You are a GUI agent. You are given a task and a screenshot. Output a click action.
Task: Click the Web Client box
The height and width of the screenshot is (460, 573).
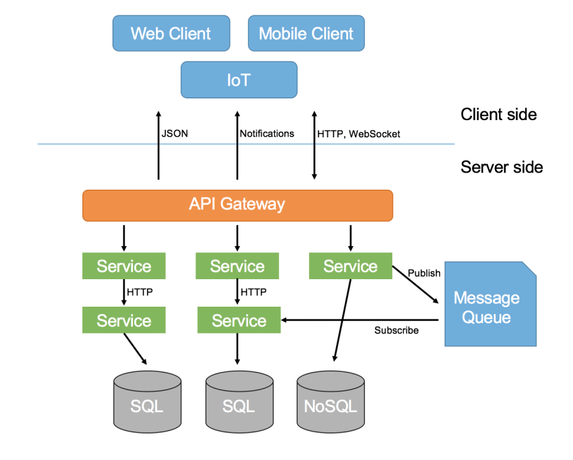click(x=171, y=33)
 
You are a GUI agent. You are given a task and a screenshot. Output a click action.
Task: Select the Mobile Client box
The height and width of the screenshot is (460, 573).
click(x=306, y=33)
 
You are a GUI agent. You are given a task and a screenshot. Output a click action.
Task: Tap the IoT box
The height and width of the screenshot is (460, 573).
click(x=239, y=80)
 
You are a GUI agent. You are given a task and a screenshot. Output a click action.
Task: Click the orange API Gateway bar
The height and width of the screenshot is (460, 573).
click(x=237, y=204)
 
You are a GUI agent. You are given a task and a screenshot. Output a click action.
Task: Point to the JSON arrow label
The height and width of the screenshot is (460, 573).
click(x=175, y=134)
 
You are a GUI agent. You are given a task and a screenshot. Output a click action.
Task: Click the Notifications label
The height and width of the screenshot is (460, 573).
click(x=267, y=134)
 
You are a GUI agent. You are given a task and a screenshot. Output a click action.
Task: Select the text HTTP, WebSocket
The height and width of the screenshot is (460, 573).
click(x=358, y=134)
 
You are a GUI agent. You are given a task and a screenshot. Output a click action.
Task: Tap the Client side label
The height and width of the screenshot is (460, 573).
click(x=498, y=115)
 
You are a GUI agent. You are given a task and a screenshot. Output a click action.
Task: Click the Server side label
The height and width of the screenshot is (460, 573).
click(x=501, y=167)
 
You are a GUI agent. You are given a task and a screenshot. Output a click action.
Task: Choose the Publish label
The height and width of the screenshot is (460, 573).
click(x=424, y=273)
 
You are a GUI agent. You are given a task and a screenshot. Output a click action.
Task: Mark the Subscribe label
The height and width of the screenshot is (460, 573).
click(x=396, y=330)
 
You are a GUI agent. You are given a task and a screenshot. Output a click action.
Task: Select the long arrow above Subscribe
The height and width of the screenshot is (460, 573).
click(x=361, y=319)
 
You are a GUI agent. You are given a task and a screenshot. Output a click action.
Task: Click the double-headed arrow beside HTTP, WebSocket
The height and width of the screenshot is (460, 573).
click(x=314, y=146)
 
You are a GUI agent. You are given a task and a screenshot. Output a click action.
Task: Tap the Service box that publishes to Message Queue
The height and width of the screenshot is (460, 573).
click(x=350, y=266)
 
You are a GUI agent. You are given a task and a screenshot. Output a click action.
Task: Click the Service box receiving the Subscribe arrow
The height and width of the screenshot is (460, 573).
click(x=239, y=320)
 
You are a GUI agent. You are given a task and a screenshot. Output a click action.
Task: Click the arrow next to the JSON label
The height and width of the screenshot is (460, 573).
click(x=158, y=146)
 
